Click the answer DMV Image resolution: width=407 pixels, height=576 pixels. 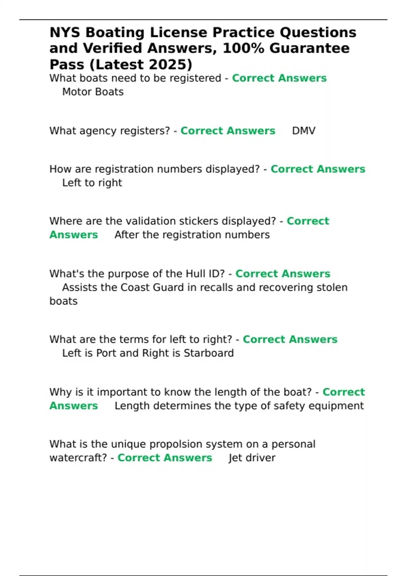pyautogui.click(x=304, y=131)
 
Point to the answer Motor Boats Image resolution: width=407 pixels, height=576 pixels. pyautogui.click(x=93, y=92)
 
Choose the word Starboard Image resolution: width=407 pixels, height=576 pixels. pyautogui.click(x=209, y=353)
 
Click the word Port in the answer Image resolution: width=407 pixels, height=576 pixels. pyautogui.click(x=106, y=353)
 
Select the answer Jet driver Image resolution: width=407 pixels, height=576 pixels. pyautogui.click(x=252, y=458)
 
